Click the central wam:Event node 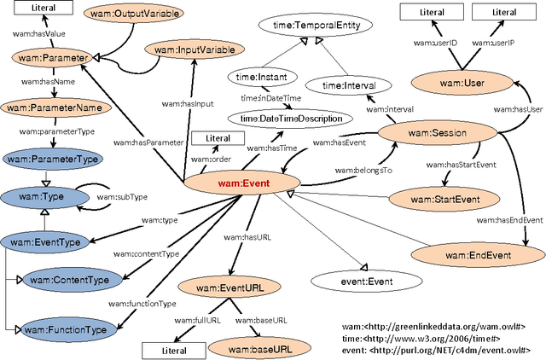coord(241,181)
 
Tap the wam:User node coord(459,83)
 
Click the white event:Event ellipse coord(350,278)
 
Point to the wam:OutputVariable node coord(125,15)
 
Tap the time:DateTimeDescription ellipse coord(290,118)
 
